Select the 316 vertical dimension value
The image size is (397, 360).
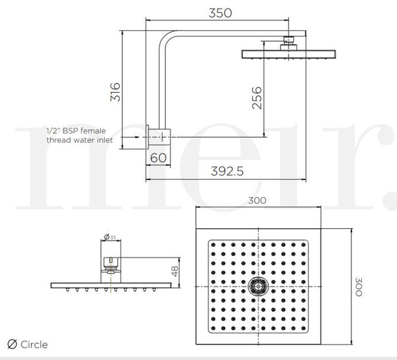click(x=115, y=92)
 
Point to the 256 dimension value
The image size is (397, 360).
click(x=257, y=97)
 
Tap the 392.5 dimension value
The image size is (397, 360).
click(x=226, y=170)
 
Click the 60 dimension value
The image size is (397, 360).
click(x=159, y=157)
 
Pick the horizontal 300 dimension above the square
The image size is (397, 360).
click(x=257, y=200)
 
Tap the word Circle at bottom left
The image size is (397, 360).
click(x=34, y=345)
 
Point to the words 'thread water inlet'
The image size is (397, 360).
click(x=79, y=140)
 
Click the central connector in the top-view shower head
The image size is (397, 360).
click(x=257, y=286)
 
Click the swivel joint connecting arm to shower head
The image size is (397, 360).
click(x=288, y=42)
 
